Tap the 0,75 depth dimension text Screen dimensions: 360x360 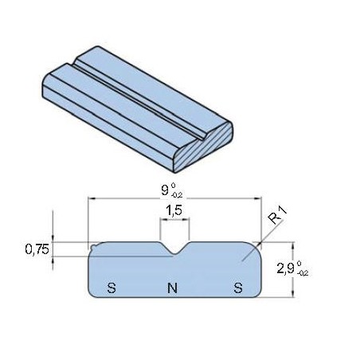[x=36, y=248]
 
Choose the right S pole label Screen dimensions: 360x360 [x=237, y=287]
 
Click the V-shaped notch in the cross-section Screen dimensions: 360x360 [x=174, y=250]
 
